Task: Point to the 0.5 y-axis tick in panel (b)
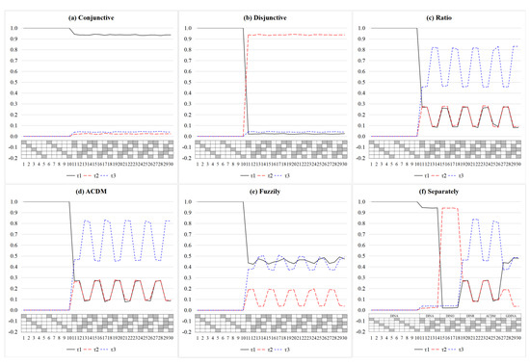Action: click(186, 82)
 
